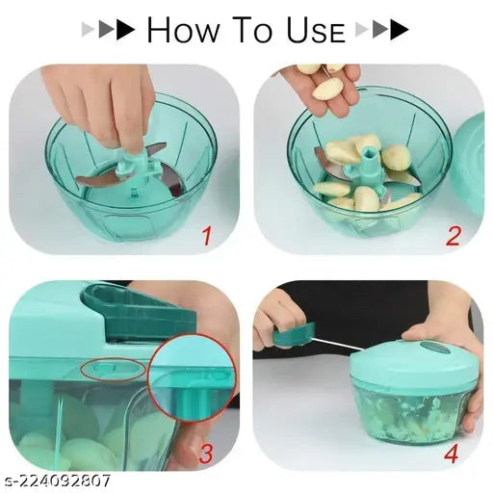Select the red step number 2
[x=454, y=233]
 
